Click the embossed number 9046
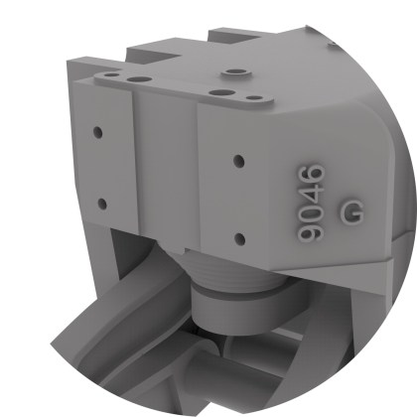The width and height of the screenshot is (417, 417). pos(313,203)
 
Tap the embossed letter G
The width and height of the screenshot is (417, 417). pos(351,210)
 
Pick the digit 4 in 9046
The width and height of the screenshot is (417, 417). pos(313,194)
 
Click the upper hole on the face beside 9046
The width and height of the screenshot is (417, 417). pos(238,160)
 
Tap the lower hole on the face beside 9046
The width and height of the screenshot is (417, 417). pos(238,237)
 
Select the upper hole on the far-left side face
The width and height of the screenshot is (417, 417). pos(98,131)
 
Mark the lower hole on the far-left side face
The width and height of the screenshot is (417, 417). pos(101,204)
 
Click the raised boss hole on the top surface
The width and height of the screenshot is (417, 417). pos(235,72)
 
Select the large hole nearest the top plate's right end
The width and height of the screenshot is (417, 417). pos(215,92)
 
